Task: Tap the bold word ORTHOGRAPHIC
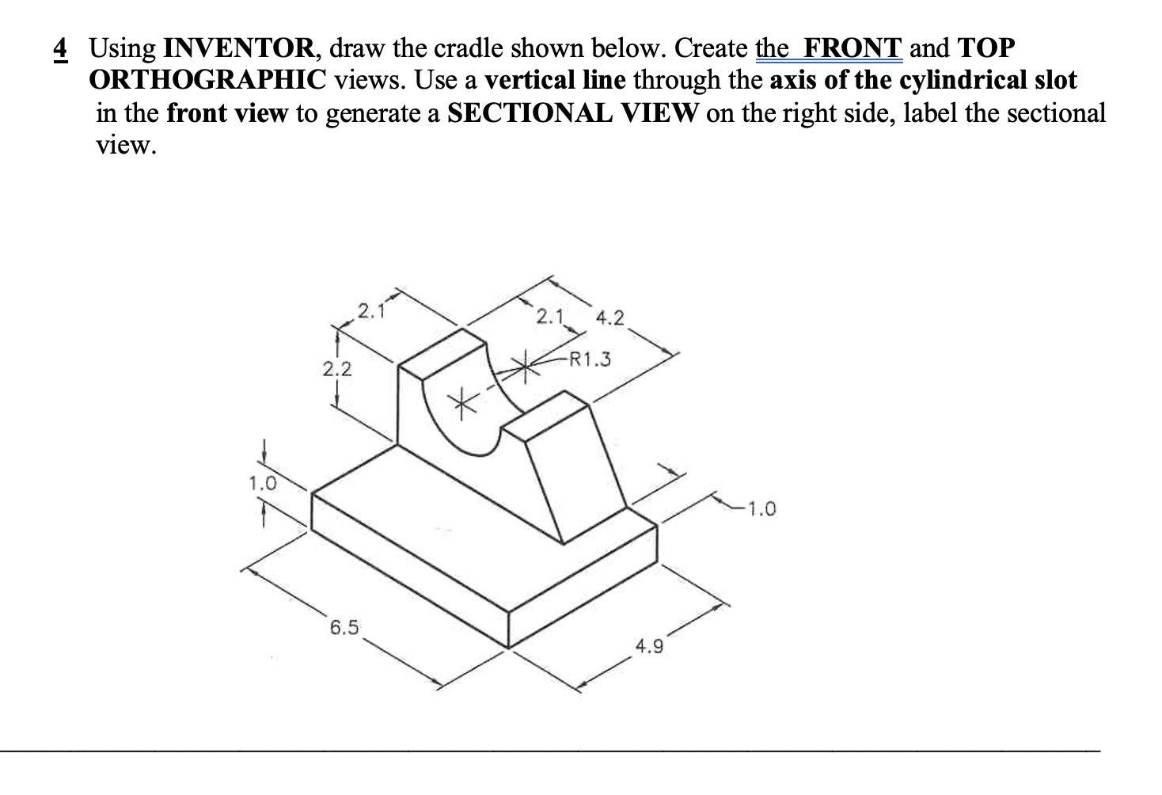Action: pyautogui.click(x=208, y=81)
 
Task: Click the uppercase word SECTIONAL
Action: pyautogui.click(x=528, y=113)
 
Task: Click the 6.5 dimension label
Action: pyautogui.click(x=344, y=629)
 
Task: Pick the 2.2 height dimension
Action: pyautogui.click(x=337, y=369)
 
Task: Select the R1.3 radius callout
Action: pyautogui.click(x=590, y=360)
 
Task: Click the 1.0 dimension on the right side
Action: pyautogui.click(x=761, y=508)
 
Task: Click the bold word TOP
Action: pyautogui.click(x=985, y=49)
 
